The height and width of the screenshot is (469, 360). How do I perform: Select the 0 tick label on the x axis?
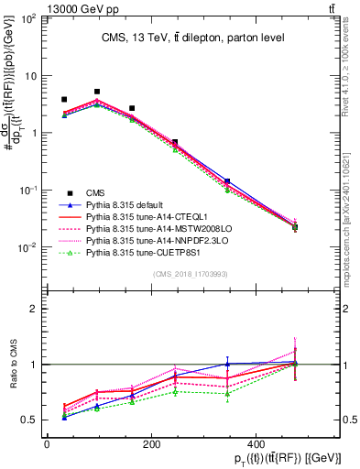[47, 442]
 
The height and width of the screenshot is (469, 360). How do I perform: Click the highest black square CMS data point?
[97, 92]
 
